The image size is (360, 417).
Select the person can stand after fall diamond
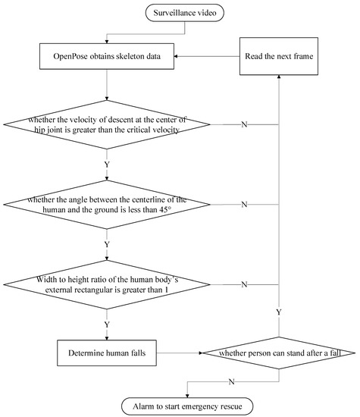279,353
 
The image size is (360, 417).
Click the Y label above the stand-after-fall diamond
279,312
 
